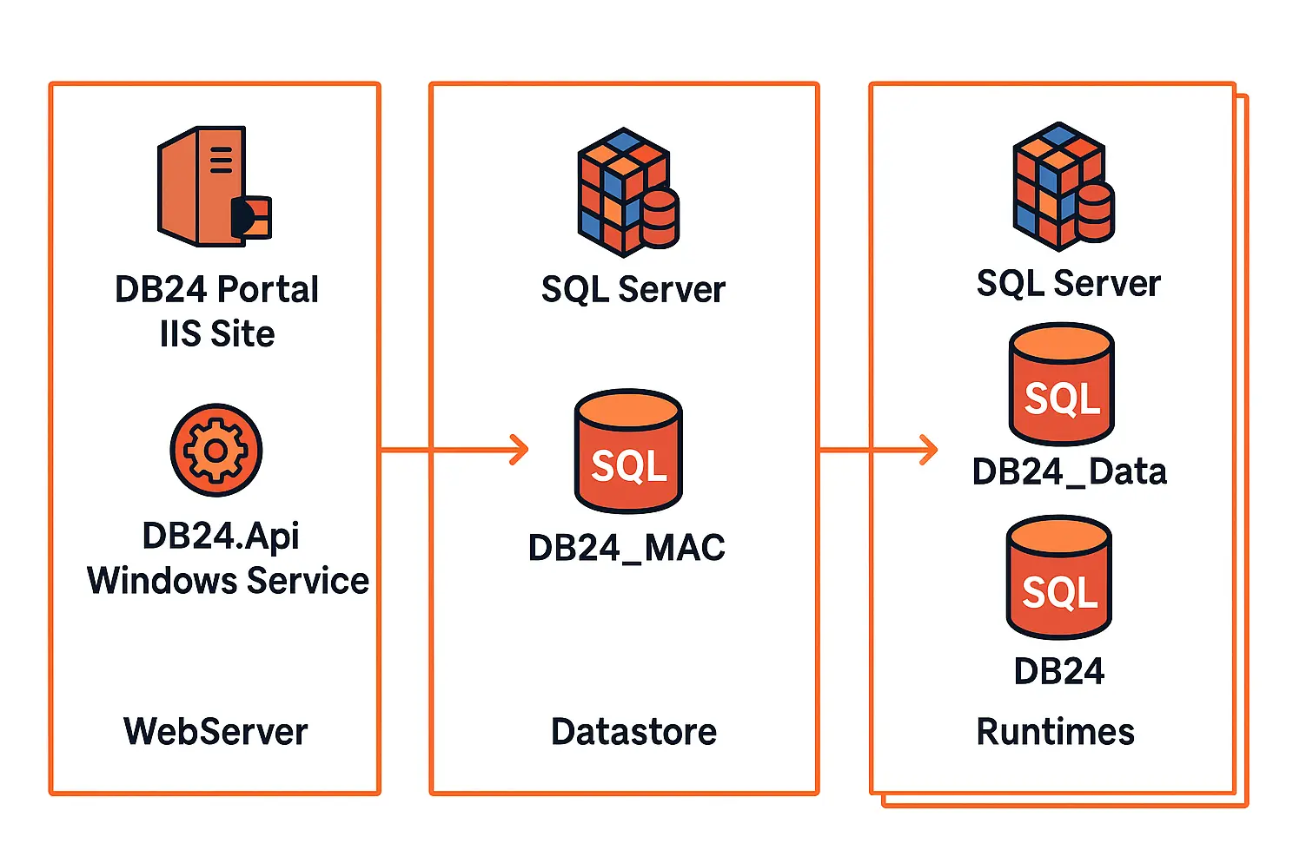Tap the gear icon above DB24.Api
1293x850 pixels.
pos(215,450)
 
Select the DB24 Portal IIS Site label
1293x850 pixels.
pos(216,311)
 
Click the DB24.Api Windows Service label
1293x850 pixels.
pos(228,558)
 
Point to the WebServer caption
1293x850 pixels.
pos(215,731)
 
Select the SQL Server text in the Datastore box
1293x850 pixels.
pos(633,289)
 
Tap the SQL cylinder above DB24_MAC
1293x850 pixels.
pos(628,451)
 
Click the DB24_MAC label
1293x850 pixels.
pos(627,547)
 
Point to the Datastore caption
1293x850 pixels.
pos(633,731)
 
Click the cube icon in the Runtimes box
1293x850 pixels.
pos(1063,186)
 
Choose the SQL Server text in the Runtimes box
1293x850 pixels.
pos(1068,283)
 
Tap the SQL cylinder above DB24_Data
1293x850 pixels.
pos(1061,384)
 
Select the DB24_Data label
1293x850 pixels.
pos(1069,471)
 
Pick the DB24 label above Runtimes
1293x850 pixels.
pos(1058,671)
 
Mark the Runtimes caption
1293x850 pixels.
pos(1055,731)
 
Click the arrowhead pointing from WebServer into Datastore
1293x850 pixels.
pos(520,450)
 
